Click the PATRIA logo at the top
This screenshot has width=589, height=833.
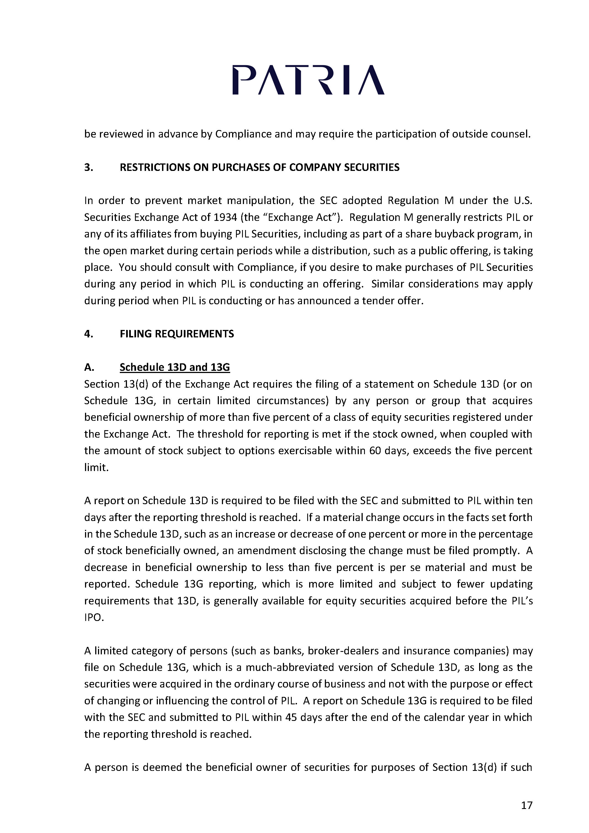[x=308, y=80]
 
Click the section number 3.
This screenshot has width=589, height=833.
[x=89, y=167]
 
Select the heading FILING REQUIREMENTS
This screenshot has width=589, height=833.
[x=177, y=334]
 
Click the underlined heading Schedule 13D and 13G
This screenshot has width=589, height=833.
[x=174, y=367]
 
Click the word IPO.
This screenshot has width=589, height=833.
[x=94, y=617]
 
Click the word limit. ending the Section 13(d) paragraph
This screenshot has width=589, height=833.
[x=96, y=467]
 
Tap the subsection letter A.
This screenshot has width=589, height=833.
[x=89, y=367]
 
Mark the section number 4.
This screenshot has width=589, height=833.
[x=89, y=334]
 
